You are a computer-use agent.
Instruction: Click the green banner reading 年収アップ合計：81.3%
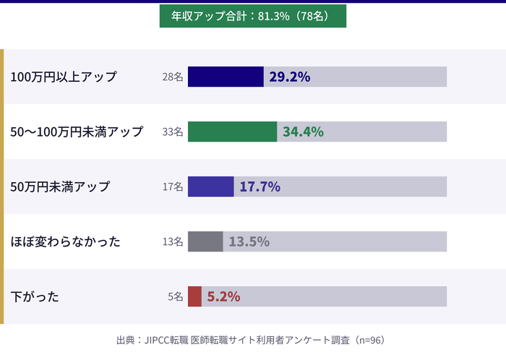coord(252,15)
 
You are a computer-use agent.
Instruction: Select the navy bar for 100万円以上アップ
coord(226,77)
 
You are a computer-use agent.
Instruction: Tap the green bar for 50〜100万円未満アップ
coord(232,132)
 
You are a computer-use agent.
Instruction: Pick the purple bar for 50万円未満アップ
coord(210,187)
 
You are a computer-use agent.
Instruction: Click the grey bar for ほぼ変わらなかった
coord(205,241)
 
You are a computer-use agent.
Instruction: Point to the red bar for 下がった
coord(194,296)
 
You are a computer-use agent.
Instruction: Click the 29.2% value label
coord(289,77)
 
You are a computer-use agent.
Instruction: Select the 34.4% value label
coord(303,132)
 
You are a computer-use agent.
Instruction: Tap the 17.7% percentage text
coord(260,187)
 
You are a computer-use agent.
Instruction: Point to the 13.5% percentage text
coord(249,241)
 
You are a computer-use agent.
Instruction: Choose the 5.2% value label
coord(223,296)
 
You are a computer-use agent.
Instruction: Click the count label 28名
coord(173,77)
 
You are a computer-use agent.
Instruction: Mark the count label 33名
coord(173,132)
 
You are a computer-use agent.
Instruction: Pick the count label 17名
coord(173,187)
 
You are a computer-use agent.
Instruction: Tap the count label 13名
coord(173,241)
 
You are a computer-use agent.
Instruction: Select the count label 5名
coord(176,296)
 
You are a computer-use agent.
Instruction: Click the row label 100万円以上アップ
coord(64,77)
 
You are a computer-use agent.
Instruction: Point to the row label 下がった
coord(35,296)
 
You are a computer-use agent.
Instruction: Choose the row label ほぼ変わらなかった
coord(65,241)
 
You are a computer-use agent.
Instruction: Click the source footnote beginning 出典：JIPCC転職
coord(252,340)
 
